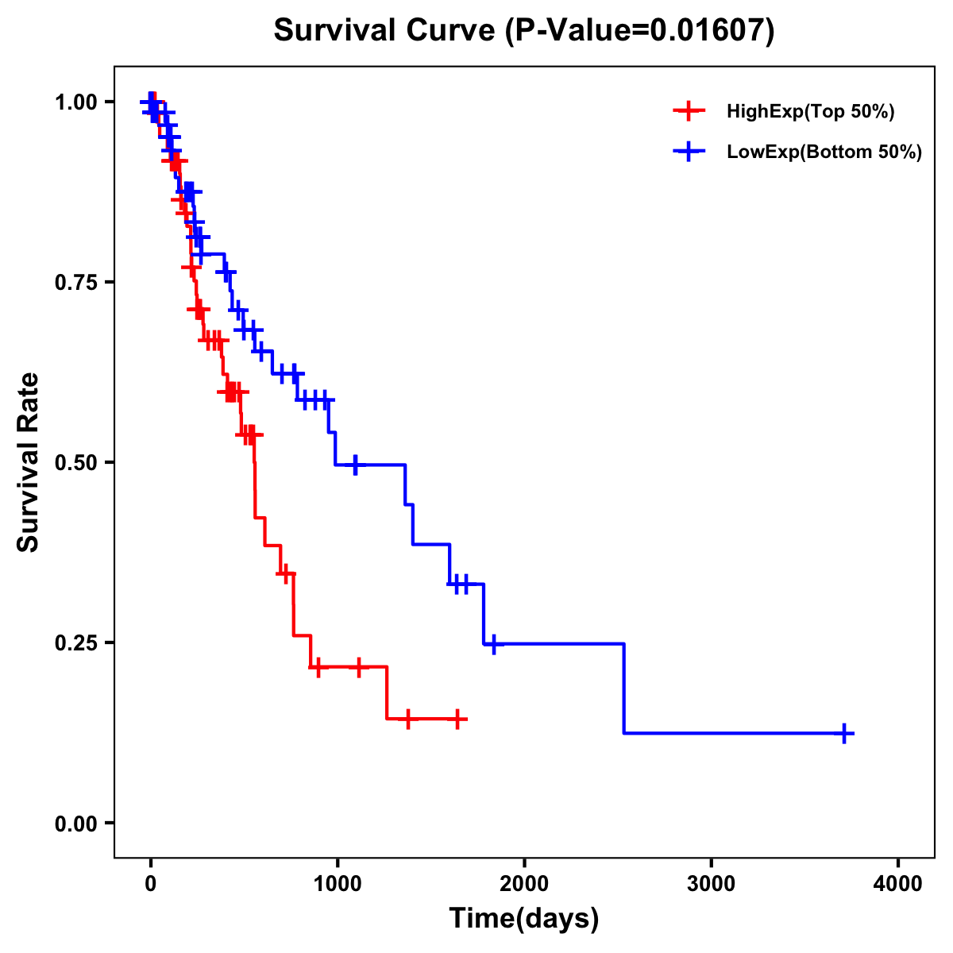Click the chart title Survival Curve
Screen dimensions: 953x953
pyautogui.click(x=523, y=30)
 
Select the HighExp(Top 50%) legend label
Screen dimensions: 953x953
pyautogui.click(x=811, y=112)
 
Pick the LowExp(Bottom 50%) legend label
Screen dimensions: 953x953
pyautogui.click(x=824, y=152)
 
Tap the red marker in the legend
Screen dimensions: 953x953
pyautogui.click(x=689, y=111)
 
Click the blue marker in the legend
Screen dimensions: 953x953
pyautogui.click(x=689, y=152)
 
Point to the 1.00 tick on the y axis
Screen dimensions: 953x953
pyautogui.click(x=75, y=102)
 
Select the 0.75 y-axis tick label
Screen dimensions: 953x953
pyautogui.click(x=75, y=283)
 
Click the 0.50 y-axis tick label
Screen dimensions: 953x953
pyautogui.click(x=75, y=463)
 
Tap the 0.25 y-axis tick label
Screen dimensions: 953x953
pyautogui.click(x=75, y=643)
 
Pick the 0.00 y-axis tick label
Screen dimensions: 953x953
pyautogui.click(x=75, y=824)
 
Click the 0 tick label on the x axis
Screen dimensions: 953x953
pyautogui.click(x=150, y=884)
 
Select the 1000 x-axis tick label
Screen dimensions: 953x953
pyautogui.click(x=337, y=884)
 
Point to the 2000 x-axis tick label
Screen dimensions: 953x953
pyautogui.click(x=524, y=884)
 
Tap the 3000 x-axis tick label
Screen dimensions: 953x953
pyautogui.click(x=711, y=884)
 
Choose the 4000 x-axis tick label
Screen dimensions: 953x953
pyautogui.click(x=898, y=884)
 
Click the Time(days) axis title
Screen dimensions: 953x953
pyautogui.click(x=524, y=919)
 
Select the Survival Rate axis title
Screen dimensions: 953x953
pyautogui.click(x=29, y=462)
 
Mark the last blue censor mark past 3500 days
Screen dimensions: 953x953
pyautogui.click(x=845, y=734)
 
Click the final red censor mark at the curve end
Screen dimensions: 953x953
pyautogui.click(x=457, y=719)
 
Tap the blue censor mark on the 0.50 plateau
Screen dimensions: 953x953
pyautogui.click(x=355, y=465)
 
